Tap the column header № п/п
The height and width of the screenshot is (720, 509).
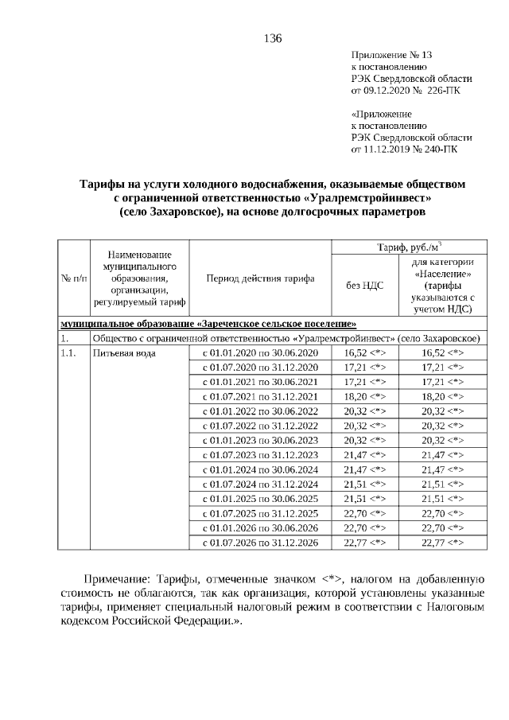coord(73,278)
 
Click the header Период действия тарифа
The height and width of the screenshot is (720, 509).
coord(260,278)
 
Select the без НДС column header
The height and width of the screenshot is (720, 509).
coord(364,286)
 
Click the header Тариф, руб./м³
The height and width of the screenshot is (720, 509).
coord(410,246)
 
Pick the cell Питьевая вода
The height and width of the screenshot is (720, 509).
coord(118,352)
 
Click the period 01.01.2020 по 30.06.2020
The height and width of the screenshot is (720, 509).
coord(259,352)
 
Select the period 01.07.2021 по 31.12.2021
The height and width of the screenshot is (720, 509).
coord(259,396)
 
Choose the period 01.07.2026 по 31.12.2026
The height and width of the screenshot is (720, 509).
coord(259,543)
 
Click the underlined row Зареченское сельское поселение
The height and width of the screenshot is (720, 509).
coord(208,324)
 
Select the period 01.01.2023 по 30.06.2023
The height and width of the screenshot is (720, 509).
coord(259,440)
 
